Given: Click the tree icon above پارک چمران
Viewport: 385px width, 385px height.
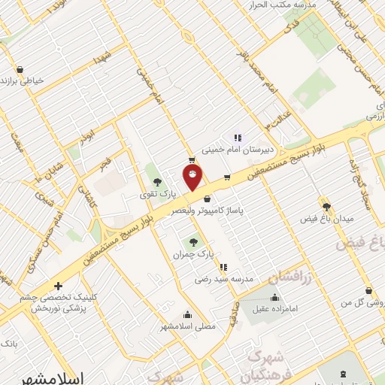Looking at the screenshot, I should pos(194,242).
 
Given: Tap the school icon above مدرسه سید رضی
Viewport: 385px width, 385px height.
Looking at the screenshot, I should pos(223,267).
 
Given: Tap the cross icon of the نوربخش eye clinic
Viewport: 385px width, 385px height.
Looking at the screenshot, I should pos(59,286).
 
